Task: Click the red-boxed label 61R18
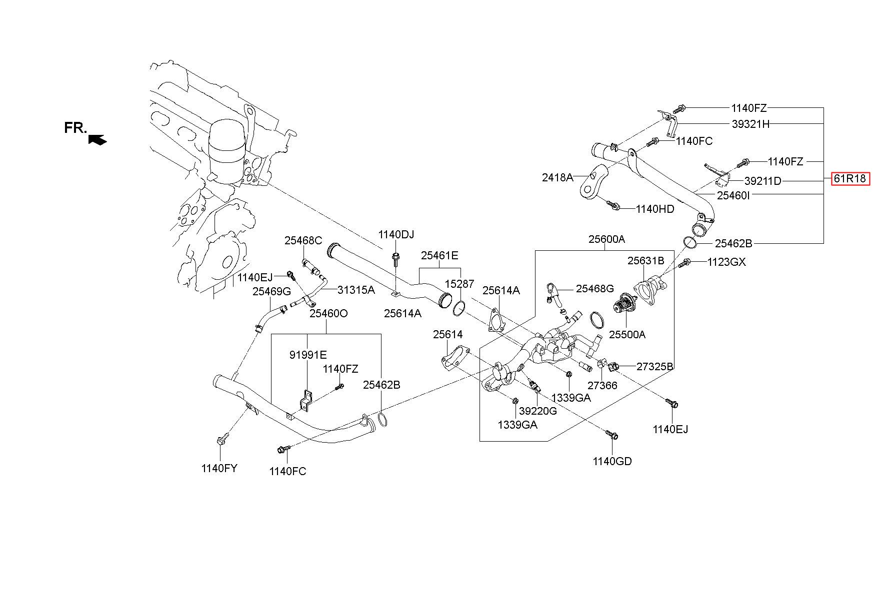[850, 179]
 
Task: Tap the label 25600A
[606, 239]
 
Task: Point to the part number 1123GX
[726, 262]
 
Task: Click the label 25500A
[627, 335]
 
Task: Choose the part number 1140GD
[612, 461]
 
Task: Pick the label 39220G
[537, 411]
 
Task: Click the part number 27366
[602, 386]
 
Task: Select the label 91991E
[308, 355]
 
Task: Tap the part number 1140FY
[219, 468]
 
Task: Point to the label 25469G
[271, 292]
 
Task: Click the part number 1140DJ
[396, 234]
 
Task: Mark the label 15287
[459, 284]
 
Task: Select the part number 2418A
[557, 177]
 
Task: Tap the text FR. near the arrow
[75, 128]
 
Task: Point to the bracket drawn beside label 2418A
[593, 180]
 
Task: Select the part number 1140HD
[655, 209]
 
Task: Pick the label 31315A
[356, 290]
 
